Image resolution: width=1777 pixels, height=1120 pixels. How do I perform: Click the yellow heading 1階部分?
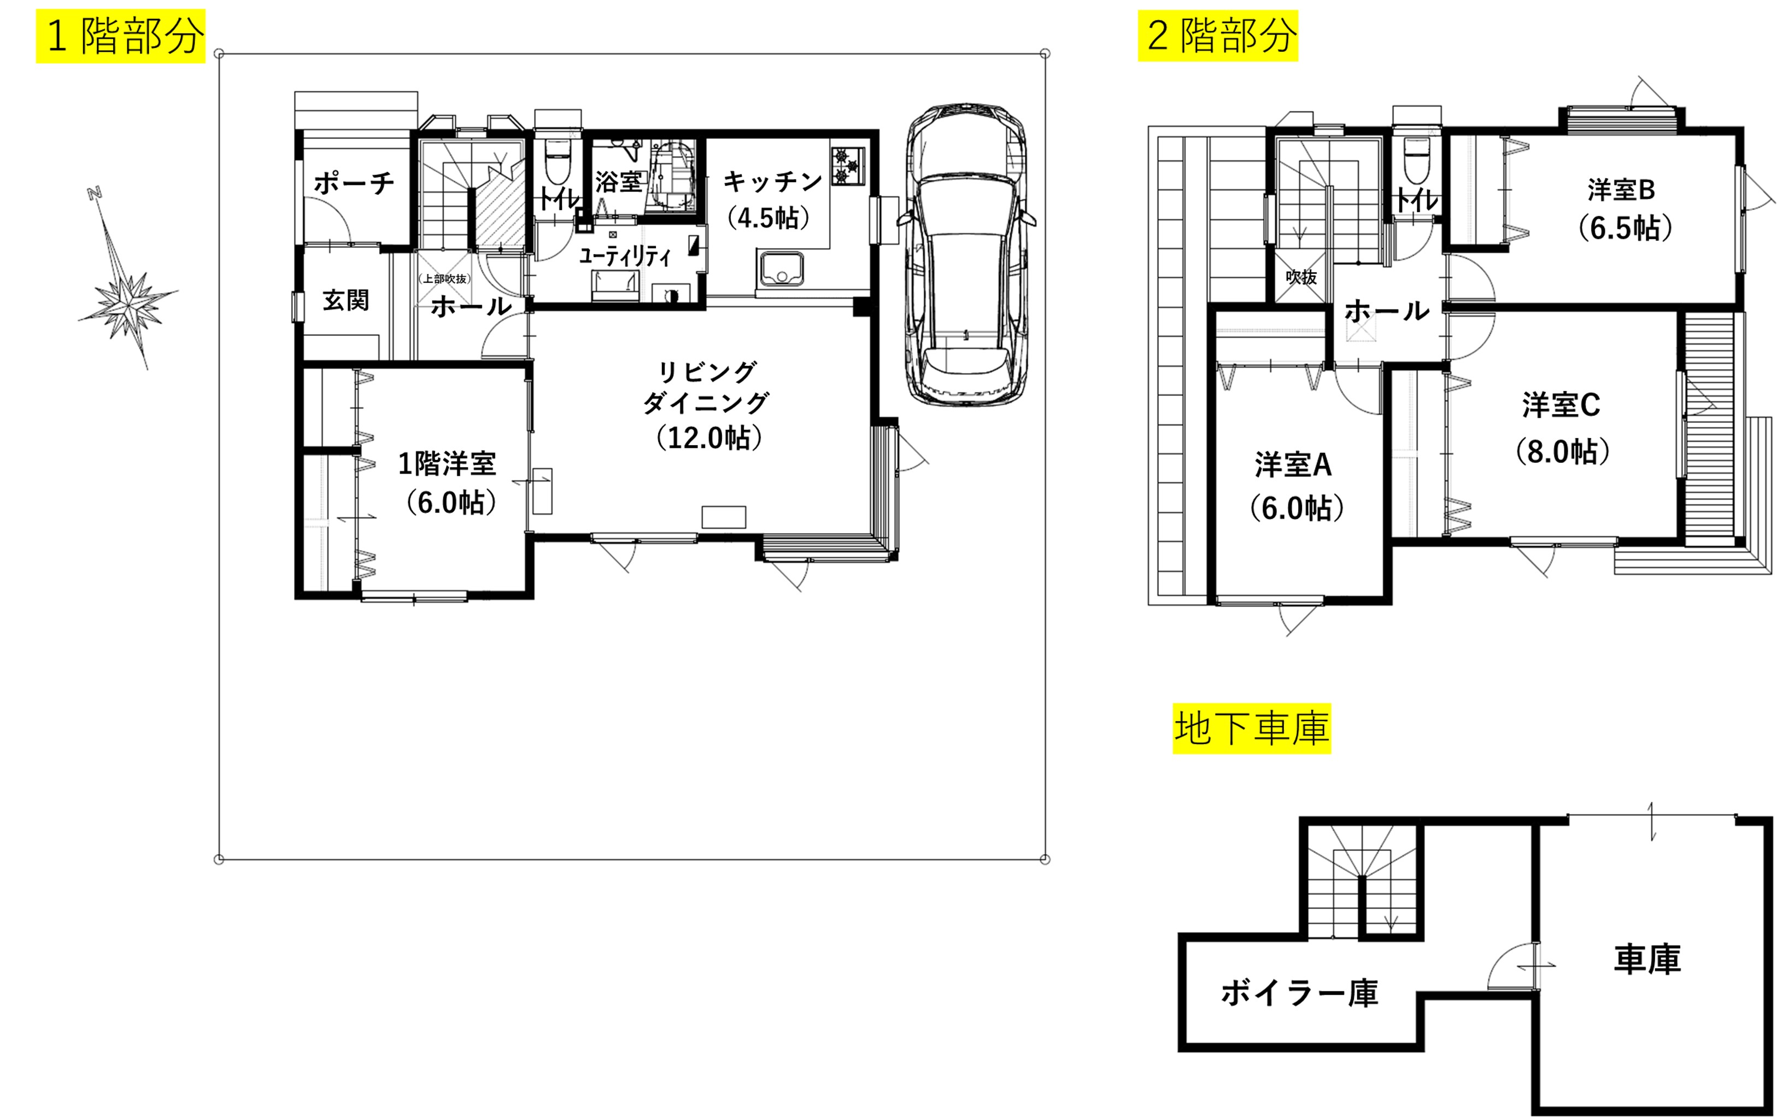click(x=121, y=36)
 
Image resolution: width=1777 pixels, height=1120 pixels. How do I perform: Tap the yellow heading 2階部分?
click(x=1218, y=36)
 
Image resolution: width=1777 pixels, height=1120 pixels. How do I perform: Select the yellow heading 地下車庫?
click(x=1252, y=728)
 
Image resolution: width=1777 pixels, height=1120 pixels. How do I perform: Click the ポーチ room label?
click(x=354, y=182)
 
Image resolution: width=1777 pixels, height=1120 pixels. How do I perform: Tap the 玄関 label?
click(x=346, y=300)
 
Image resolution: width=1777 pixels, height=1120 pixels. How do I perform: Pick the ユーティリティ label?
click(x=624, y=256)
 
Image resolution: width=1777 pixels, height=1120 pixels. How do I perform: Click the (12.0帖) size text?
click(x=709, y=438)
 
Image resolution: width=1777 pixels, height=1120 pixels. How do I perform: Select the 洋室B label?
click(x=1621, y=190)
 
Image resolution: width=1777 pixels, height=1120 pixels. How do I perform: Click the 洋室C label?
click(x=1561, y=405)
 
